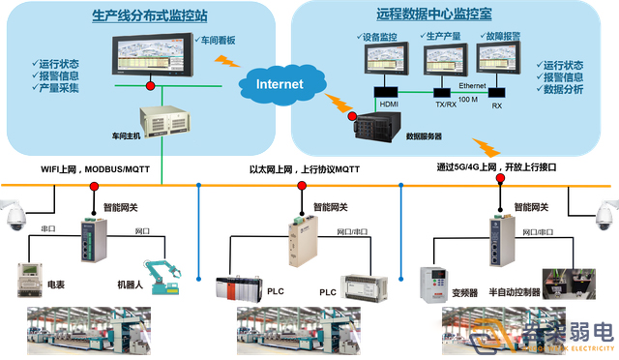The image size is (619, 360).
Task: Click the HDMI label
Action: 387,104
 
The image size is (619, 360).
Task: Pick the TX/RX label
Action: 447,104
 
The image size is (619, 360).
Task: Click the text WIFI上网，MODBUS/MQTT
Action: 95,168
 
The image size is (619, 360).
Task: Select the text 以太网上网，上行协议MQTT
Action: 304,168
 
